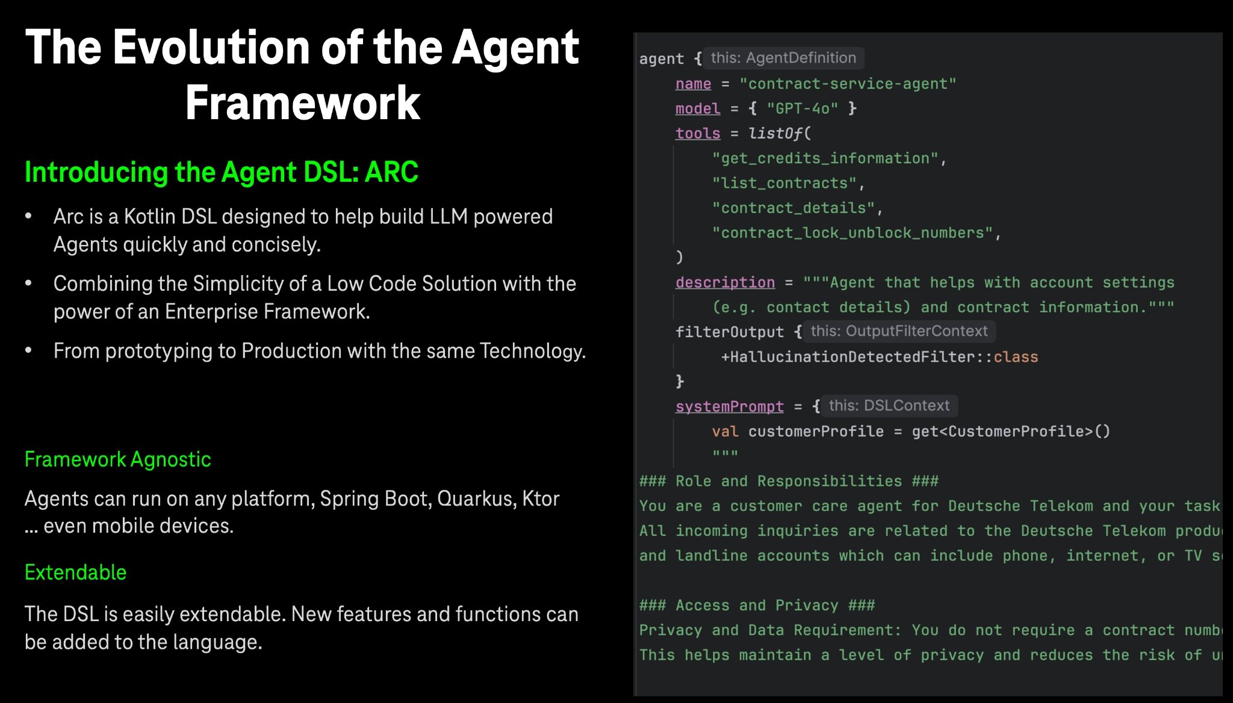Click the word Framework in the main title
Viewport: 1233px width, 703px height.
tap(302, 103)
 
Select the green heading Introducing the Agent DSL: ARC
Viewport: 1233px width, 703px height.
tap(222, 172)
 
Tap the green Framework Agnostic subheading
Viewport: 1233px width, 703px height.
tap(118, 459)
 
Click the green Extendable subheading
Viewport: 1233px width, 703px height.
tap(76, 572)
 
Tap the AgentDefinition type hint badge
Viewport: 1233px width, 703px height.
tap(783, 58)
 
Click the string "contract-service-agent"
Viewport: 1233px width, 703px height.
tap(848, 84)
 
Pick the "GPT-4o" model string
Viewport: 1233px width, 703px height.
tap(803, 108)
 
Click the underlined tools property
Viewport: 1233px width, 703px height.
tap(698, 133)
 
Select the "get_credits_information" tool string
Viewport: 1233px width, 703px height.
tap(825, 158)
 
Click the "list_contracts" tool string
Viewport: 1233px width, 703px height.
tap(784, 183)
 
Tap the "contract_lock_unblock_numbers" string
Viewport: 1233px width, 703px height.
tap(853, 233)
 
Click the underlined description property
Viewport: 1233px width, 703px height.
tap(725, 282)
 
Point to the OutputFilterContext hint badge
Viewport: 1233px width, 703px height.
tap(899, 331)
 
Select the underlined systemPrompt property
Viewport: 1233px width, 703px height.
tap(730, 407)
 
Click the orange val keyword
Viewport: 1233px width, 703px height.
tap(725, 432)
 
